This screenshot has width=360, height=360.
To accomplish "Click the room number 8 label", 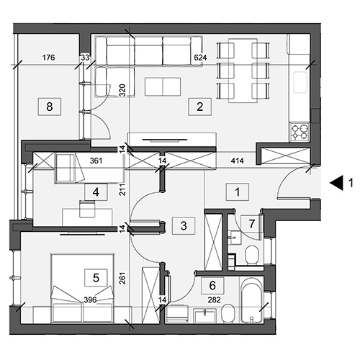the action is coord(50,107).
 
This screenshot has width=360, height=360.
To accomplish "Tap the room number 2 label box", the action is coord(199,107).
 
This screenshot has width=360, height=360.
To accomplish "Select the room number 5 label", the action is coord(96,278).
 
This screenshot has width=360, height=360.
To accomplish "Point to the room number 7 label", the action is coord(251,224).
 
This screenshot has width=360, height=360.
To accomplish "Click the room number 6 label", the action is coord(212,286).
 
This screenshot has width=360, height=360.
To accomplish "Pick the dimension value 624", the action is coord(200,58).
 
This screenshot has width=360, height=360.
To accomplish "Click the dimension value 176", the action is coord(48,58).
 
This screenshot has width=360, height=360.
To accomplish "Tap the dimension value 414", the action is coord(237,161).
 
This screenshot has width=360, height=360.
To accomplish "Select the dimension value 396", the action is coord(90,300).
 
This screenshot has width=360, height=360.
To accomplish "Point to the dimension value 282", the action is coord(214,300).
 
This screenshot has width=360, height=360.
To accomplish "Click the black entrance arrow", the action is coord(336,183).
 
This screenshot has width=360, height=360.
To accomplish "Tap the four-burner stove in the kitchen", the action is coord(300,132).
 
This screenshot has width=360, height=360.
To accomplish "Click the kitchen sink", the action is coord(300,82).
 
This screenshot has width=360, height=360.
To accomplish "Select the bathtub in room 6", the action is coord(251,300).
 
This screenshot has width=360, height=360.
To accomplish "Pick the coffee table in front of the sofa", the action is coord(163,86).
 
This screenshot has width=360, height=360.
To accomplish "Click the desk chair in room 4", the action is coord(87,210).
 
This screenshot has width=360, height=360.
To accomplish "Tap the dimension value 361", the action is coord(96,161).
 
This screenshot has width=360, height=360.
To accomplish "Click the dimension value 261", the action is coord(122,278).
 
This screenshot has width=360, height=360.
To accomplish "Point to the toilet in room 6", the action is coord(228,313).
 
